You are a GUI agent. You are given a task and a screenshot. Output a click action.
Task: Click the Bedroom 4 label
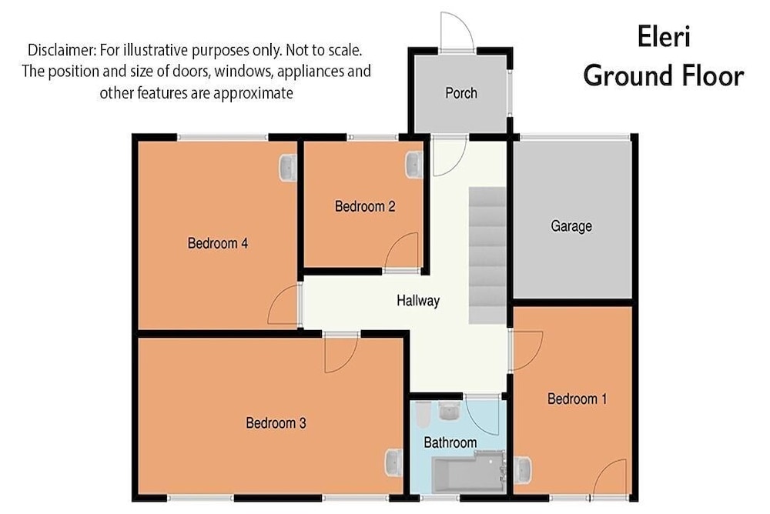(x=218, y=243)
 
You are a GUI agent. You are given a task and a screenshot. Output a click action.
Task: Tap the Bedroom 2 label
(x=365, y=206)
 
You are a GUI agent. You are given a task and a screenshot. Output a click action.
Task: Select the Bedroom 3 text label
(x=276, y=422)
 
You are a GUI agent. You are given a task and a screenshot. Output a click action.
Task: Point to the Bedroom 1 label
(x=577, y=399)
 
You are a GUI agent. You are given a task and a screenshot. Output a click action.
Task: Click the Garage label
(x=571, y=226)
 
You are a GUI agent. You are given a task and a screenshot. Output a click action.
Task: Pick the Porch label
(x=461, y=93)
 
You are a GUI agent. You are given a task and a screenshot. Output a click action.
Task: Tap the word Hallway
(x=418, y=300)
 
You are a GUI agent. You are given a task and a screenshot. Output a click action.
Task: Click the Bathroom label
(x=450, y=442)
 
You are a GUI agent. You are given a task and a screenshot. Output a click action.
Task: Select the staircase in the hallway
(x=487, y=255)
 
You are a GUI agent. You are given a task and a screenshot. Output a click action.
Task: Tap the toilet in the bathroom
(x=423, y=415)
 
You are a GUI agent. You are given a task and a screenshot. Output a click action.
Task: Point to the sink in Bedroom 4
(x=288, y=168)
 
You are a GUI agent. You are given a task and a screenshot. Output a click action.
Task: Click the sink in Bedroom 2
(x=414, y=165)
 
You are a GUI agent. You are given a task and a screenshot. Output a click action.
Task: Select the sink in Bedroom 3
(x=393, y=463)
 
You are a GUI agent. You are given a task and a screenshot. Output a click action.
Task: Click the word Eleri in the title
(x=664, y=37)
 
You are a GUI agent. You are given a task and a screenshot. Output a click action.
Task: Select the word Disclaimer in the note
(x=62, y=50)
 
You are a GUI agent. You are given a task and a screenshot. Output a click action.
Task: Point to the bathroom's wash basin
(x=449, y=411)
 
